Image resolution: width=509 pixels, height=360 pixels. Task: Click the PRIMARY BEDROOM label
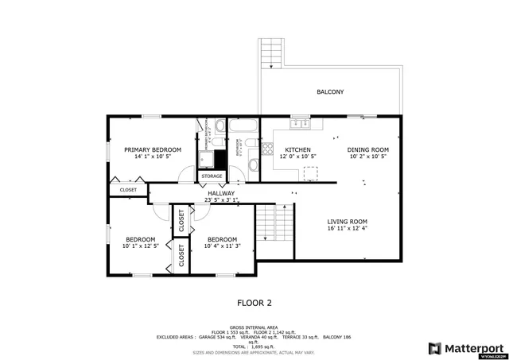pyautogui.click(x=152, y=149)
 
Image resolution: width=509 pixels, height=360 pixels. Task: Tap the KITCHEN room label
pyautogui.click(x=297, y=149)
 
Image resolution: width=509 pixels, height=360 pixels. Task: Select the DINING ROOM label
pyautogui.click(x=368, y=149)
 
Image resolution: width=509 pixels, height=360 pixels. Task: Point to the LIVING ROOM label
pyautogui.click(x=348, y=222)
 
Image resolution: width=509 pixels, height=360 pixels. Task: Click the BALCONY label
pyautogui.click(x=330, y=92)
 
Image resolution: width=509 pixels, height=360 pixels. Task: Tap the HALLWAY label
pyautogui.click(x=221, y=193)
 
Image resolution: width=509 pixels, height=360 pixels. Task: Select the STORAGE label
pyautogui.click(x=212, y=176)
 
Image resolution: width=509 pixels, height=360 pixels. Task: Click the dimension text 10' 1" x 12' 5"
pyautogui.click(x=140, y=246)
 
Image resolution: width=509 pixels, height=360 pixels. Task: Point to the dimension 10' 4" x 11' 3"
pyautogui.click(x=222, y=246)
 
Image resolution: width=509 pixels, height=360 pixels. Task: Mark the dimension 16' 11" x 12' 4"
pyautogui.click(x=348, y=230)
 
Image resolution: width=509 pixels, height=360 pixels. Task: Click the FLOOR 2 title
pyautogui.click(x=254, y=303)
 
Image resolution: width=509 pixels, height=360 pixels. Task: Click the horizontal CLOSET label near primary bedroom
pyautogui.click(x=128, y=190)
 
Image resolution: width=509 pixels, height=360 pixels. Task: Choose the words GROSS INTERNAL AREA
pyautogui.click(x=254, y=327)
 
